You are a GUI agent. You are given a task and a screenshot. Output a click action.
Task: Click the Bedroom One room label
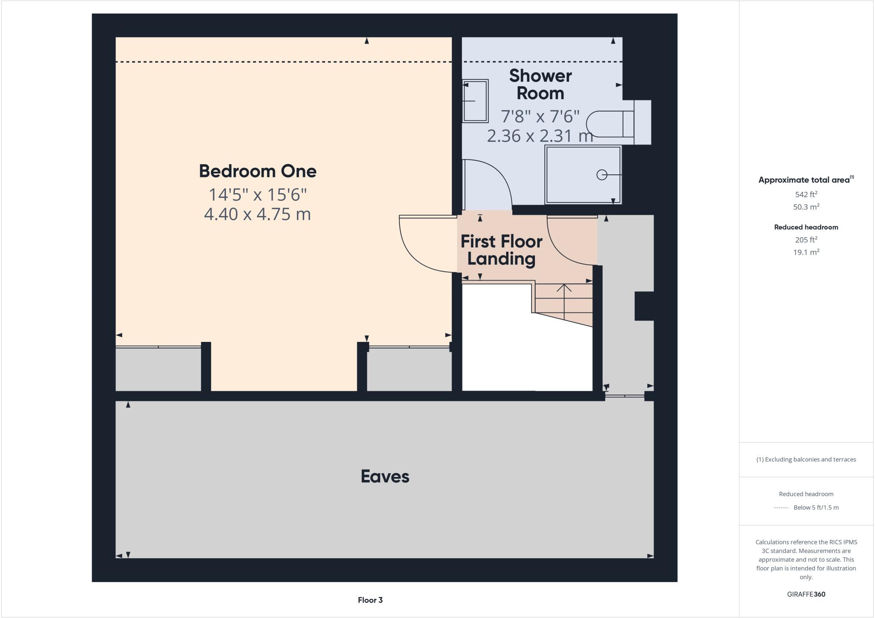pos(258,171)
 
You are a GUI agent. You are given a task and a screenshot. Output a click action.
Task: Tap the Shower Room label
pos(540,85)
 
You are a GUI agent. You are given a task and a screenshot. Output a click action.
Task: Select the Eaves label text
pos(385,477)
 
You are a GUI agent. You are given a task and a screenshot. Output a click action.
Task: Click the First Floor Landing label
pos(501,250)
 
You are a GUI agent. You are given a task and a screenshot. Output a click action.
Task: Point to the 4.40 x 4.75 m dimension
pos(257,214)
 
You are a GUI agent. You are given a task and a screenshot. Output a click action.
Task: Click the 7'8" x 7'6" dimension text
pos(540,116)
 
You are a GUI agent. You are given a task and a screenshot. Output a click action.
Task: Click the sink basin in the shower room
pos(475,101)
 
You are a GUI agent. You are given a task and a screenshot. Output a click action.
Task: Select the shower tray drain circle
pos(602,175)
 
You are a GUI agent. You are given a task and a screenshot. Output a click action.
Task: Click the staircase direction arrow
pos(564,295)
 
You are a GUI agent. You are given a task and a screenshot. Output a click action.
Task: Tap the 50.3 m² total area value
pos(806,207)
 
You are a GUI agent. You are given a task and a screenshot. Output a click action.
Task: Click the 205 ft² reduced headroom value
pos(806,240)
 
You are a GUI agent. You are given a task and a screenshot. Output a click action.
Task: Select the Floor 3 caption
pos(370,600)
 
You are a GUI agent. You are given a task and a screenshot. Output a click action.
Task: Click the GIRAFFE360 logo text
pos(806,594)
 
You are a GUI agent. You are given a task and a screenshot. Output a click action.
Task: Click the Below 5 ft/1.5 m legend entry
pos(816,508)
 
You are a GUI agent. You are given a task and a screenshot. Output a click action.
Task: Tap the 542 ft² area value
pos(806,194)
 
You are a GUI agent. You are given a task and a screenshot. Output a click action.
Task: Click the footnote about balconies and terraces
pos(806,459)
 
